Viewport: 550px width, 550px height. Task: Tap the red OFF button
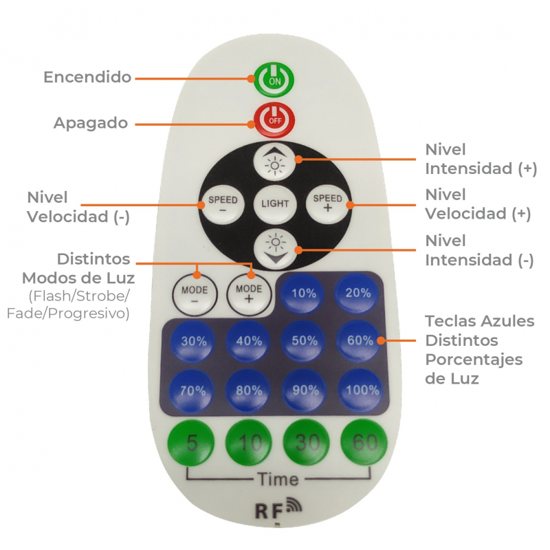(x=274, y=120)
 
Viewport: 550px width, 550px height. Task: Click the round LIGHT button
(x=275, y=203)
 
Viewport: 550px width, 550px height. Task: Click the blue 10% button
(x=303, y=292)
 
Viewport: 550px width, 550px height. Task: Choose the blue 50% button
(x=303, y=341)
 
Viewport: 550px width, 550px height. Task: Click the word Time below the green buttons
(x=278, y=479)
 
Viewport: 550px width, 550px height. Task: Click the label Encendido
(x=87, y=77)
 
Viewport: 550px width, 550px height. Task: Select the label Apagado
(x=91, y=123)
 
